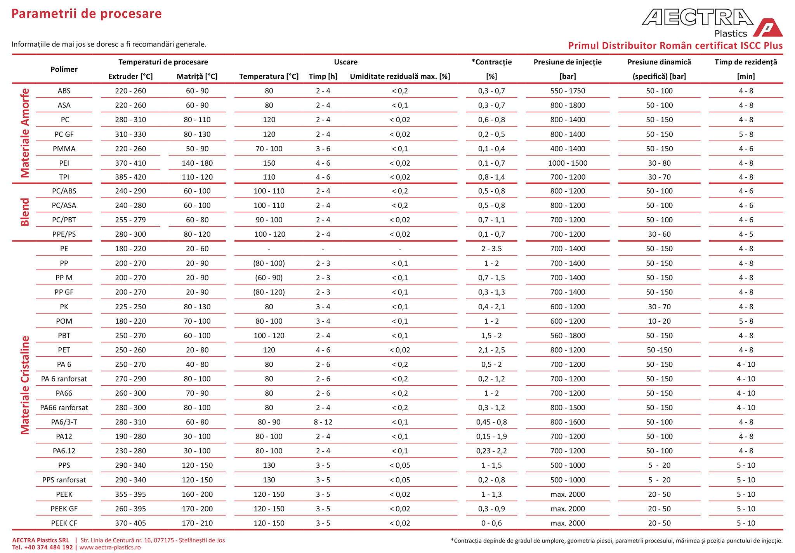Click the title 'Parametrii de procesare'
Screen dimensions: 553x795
coord(86,14)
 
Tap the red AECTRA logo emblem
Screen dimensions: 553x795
coord(768,28)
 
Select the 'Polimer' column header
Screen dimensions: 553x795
coord(64,69)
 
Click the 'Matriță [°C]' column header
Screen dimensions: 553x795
coord(197,76)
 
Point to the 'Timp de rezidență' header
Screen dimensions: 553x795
coord(746,62)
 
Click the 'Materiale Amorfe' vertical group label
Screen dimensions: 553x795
coord(25,133)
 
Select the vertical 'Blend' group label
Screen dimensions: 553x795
coord(25,212)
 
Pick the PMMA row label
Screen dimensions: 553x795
coord(64,149)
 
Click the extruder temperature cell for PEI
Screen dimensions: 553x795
coord(130,163)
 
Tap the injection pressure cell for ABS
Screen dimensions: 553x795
coord(568,91)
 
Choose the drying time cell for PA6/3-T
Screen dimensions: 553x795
coord(323,422)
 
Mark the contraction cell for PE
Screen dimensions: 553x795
coord(491,249)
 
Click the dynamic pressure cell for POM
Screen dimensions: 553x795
coord(659,321)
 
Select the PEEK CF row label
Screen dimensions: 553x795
coord(64,523)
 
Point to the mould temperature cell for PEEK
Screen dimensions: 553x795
coord(197,494)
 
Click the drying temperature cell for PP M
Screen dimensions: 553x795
coord(269,278)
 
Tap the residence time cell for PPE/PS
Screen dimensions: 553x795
coord(746,234)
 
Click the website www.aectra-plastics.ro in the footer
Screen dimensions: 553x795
coord(110,547)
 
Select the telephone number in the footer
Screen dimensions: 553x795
coord(42,547)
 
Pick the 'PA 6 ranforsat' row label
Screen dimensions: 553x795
coord(64,379)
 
